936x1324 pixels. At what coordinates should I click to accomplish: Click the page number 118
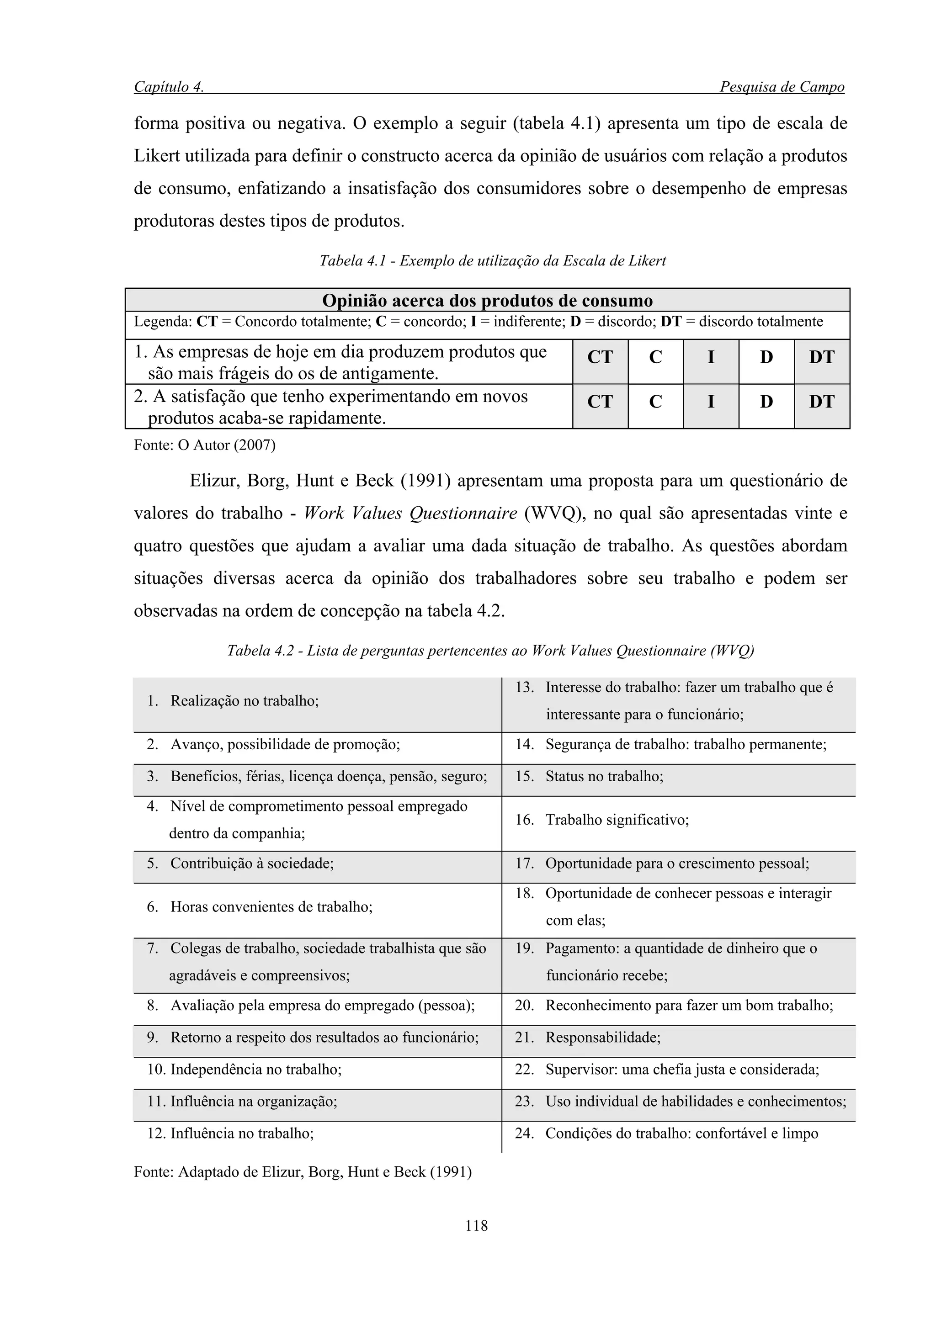pyautogui.click(x=476, y=1225)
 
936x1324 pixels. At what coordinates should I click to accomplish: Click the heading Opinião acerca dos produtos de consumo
pyautogui.click(x=487, y=301)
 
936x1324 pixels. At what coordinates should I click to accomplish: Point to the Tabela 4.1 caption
pyautogui.click(x=493, y=261)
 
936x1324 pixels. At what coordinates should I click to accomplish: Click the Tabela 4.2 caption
pyautogui.click(x=491, y=651)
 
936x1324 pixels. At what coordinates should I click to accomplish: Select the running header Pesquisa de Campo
pyautogui.click(x=782, y=87)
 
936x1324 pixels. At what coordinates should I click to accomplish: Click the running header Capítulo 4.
pyautogui.click(x=169, y=87)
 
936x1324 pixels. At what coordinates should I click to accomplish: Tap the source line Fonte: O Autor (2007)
pyautogui.click(x=205, y=445)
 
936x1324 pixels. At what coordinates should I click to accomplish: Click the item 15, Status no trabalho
pyautogui.click(x=604, y=776)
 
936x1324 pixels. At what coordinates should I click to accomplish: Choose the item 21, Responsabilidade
pyautogui.click(x=603, y=1038)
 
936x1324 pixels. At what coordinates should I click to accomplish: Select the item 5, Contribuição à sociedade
pyautogui.click(x=251, y=863)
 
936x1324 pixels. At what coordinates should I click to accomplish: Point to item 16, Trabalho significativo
pyautogui.click(x=617, y=820)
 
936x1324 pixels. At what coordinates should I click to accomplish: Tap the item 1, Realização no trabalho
pyautogui.click(x=244, y=701)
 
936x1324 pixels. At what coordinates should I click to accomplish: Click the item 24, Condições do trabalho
pyautogui.click(x=681, y=1133)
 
